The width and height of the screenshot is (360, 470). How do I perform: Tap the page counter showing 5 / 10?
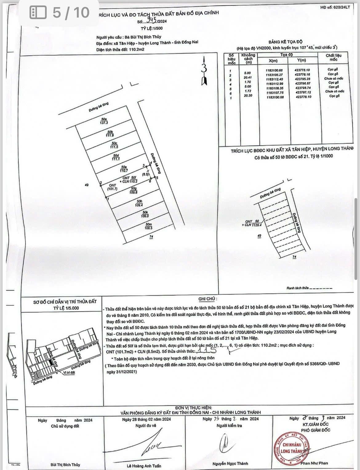tap(60, 13)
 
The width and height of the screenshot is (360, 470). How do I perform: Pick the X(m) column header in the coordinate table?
tap(273, 60)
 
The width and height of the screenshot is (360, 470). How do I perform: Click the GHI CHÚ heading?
tap(208, 299)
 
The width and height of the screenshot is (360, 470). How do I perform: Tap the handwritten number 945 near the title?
tap(151, 22)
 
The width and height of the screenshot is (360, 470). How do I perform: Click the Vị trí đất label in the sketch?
tap(69, 373)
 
